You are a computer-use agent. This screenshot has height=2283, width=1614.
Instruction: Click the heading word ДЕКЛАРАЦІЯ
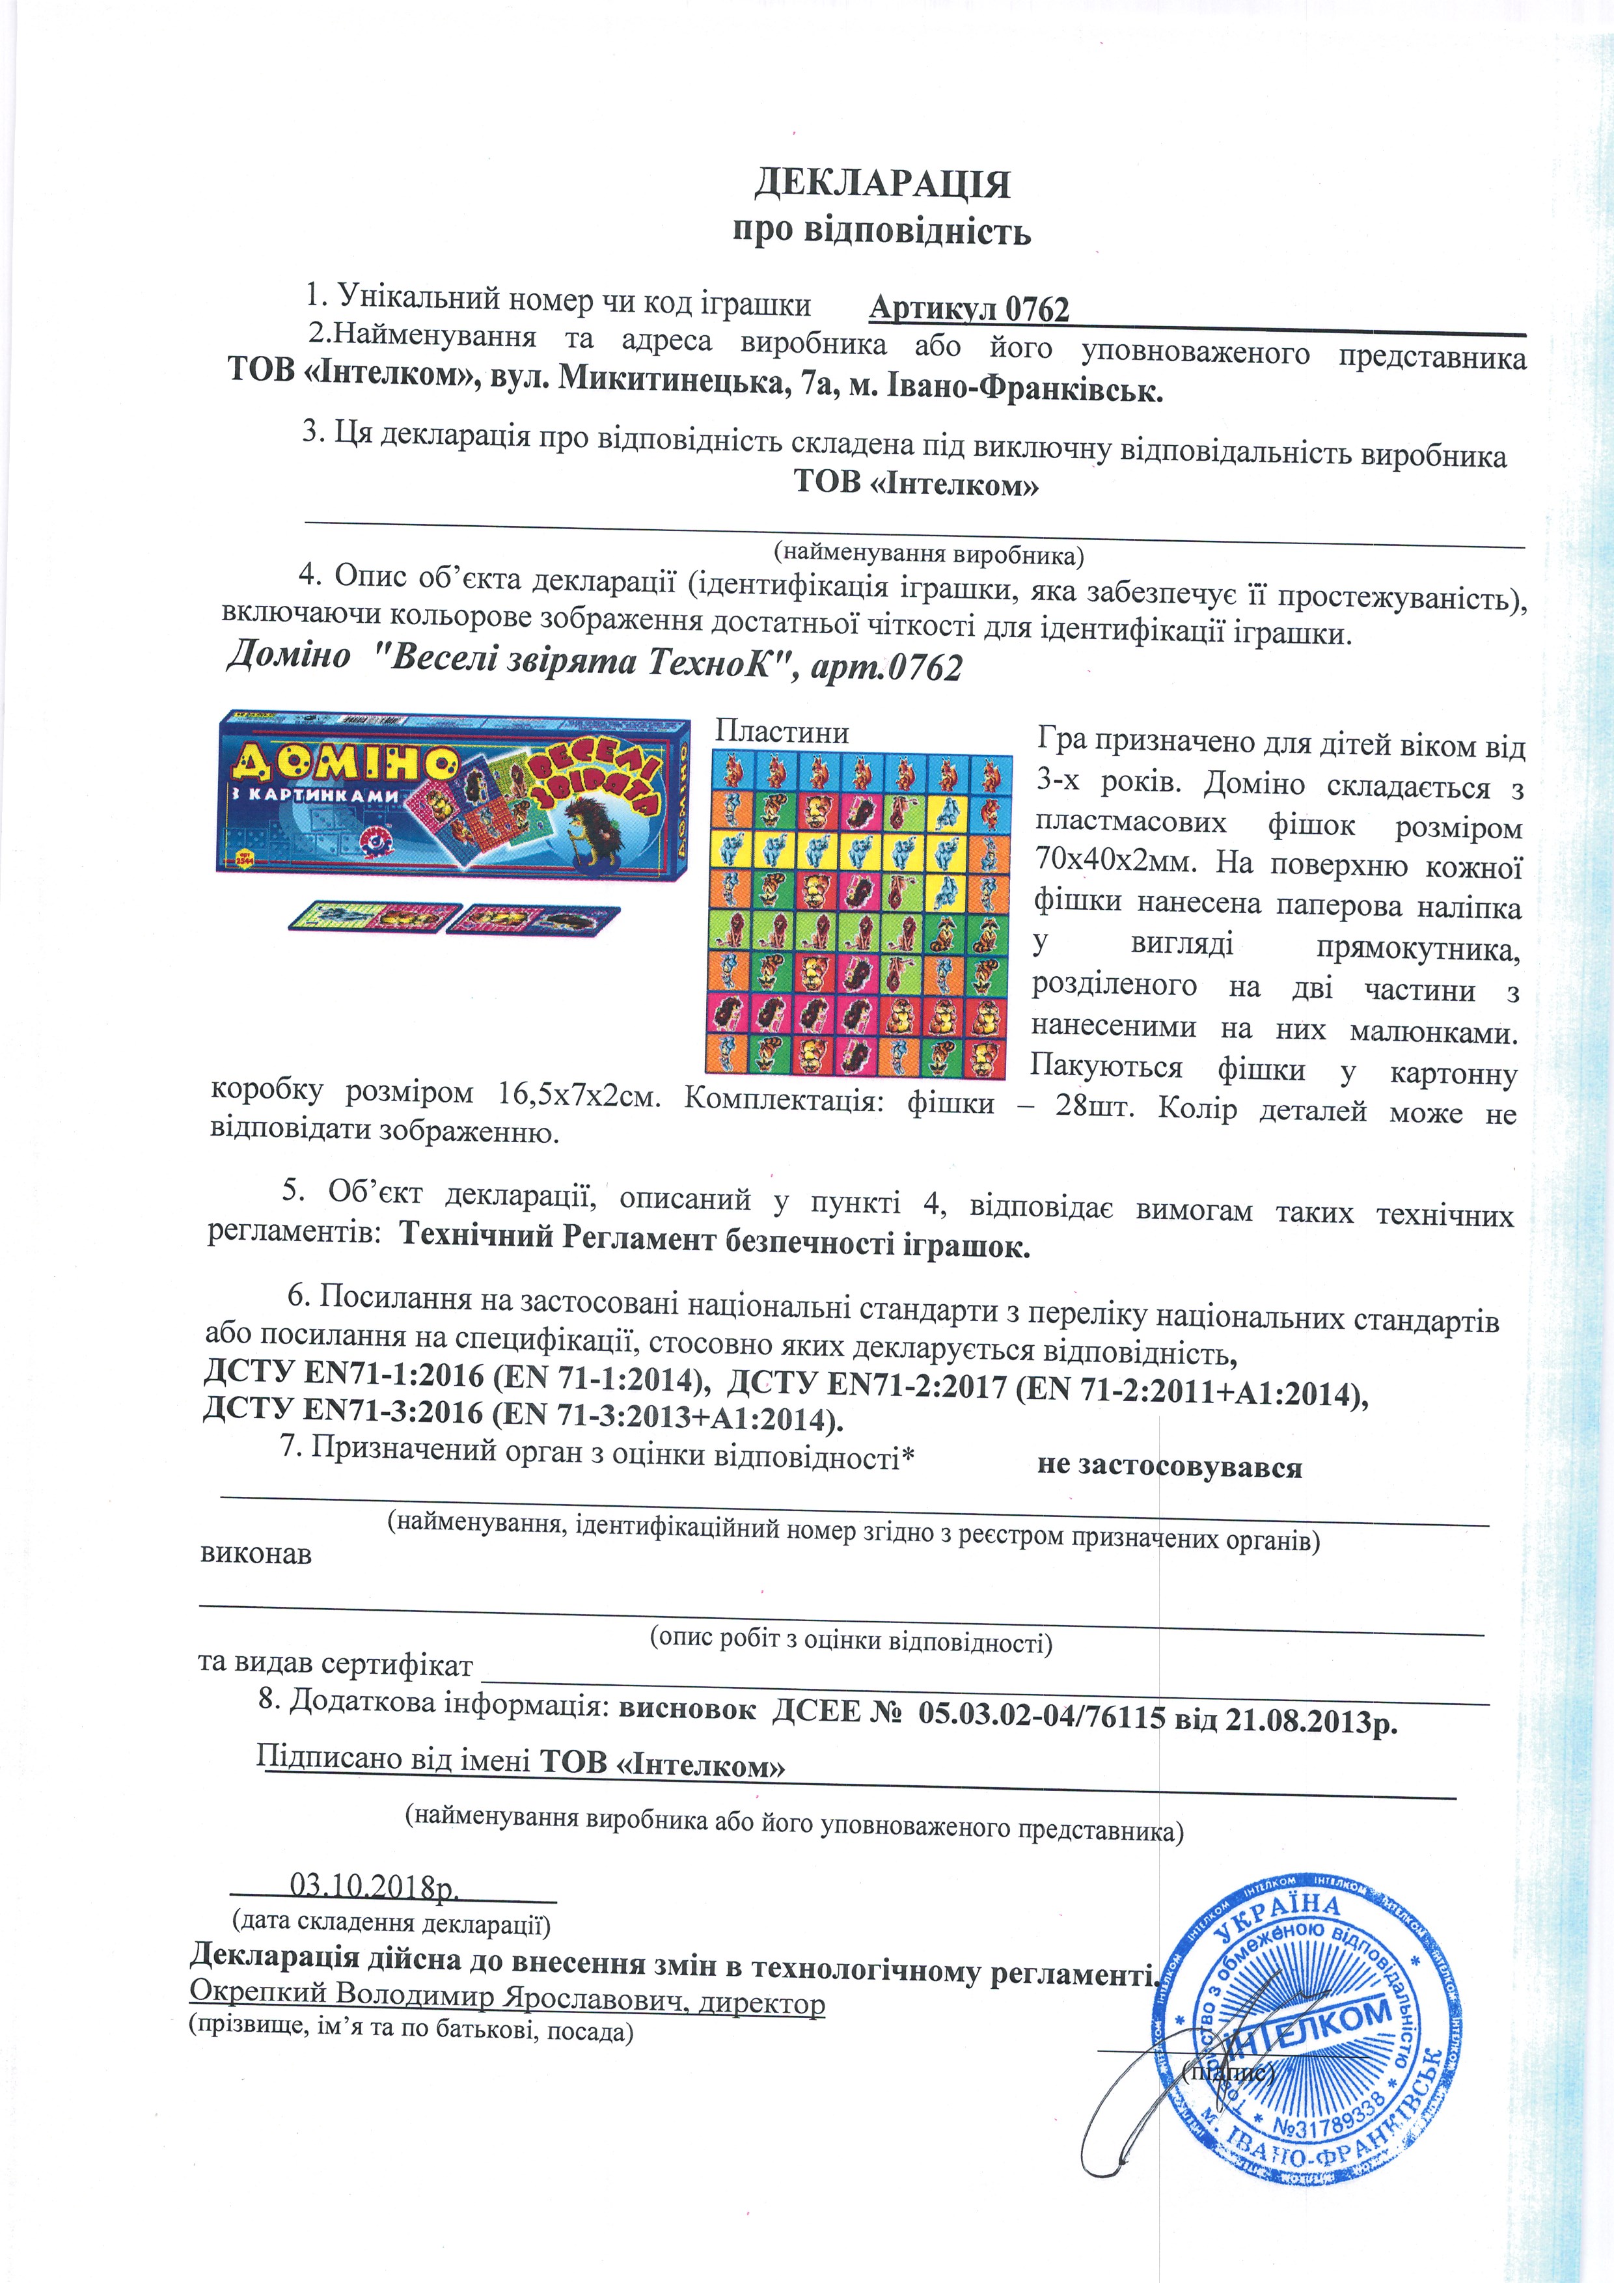881,184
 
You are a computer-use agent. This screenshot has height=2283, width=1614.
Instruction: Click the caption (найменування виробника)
929,553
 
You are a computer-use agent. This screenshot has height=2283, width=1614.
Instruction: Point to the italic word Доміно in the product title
288,656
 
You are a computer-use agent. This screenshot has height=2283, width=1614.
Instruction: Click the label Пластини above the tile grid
782,733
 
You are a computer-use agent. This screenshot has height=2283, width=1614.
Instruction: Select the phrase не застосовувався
1168,1468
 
